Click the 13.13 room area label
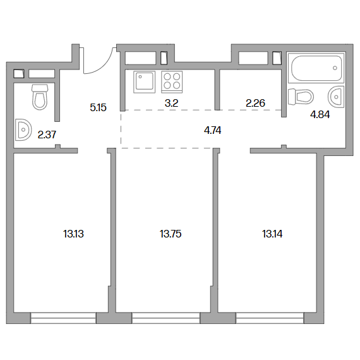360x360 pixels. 73,234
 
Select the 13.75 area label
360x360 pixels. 171,234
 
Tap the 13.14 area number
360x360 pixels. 272,234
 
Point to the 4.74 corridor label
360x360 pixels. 213,130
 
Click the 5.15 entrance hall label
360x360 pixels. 99,107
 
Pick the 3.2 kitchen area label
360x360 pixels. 172,103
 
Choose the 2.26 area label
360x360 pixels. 256,103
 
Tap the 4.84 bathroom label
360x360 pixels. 320,114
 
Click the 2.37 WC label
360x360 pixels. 47,135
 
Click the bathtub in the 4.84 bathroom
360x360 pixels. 316,68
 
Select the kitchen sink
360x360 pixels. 145,82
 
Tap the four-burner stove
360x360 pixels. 172,82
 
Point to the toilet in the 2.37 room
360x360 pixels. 40,97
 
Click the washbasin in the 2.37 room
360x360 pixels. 23,129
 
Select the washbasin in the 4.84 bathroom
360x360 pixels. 337,97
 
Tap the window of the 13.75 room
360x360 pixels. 166,318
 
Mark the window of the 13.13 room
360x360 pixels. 63,318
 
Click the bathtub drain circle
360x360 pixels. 335,68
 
